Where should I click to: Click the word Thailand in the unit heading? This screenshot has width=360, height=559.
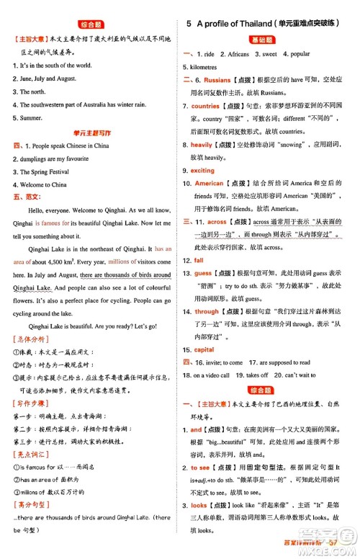(x=258, y=24)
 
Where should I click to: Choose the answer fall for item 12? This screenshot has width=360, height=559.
(x=199, y=260)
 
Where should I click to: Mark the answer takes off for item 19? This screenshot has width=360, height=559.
(x=257, y=375)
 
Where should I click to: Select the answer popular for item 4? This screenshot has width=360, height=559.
(x=300, y=53)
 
